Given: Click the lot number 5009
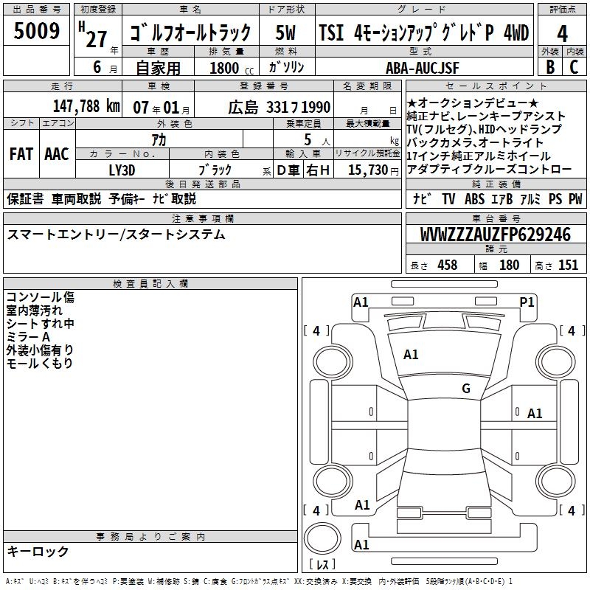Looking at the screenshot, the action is pyautogui.click(x=36, y=30).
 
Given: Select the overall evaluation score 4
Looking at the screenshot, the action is pyautogui.click(x=562, y=34).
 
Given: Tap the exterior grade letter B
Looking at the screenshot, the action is pyautogui.click(x=550, y=67).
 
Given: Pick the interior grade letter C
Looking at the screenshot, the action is pyautogui.click(x=574, y=67).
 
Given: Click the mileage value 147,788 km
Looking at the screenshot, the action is pyautogui.click(x=86, y=106).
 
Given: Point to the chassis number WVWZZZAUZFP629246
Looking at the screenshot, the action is pyautogui.click(x=496, y=235).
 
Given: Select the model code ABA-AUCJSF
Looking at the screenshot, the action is pyautogui.click(x=422, y=68).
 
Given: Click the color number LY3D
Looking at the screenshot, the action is pyautogui.click(x=122, y=170).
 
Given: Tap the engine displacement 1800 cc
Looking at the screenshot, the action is pyautogui.click(x=232, y=68).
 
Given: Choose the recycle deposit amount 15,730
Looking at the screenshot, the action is pyautogui.click(x=367, y=170).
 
